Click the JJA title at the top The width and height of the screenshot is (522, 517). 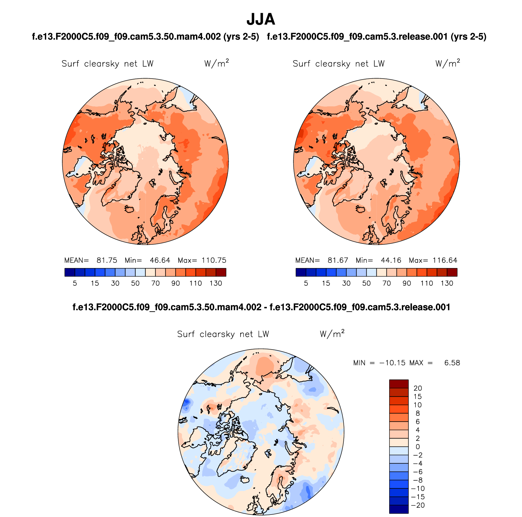click(261, 19)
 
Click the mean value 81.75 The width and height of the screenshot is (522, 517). click(107, 260)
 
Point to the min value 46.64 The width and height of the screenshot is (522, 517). click(160, 260)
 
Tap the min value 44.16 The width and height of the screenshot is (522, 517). click(391, 260)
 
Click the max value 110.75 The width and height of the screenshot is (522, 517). click(214, 260)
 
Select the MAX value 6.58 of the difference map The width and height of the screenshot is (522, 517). click(452, 363)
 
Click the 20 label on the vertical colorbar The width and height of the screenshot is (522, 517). click(418, 388)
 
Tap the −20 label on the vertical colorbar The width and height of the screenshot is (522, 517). click(418, 505)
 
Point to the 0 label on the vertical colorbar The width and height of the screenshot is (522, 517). click(418, 447)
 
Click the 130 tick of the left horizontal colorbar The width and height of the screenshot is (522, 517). click(216, 283)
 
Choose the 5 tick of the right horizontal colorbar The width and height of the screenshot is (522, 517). click(306, 283)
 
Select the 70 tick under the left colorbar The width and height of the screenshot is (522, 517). click(155, 283)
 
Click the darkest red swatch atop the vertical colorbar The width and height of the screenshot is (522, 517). click(399, 384)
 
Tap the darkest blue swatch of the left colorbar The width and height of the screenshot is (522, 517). click(70, 272)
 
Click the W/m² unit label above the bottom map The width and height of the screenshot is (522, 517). click(332, 334)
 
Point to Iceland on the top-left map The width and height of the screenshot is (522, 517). click(129, 209)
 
